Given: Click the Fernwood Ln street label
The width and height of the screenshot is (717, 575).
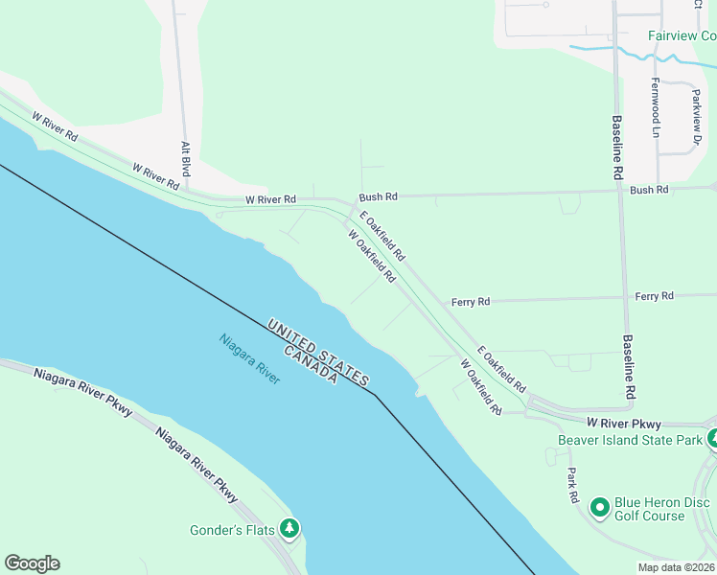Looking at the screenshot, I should (x=657, y=106).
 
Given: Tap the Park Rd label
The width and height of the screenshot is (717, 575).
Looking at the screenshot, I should (x=572, y=486).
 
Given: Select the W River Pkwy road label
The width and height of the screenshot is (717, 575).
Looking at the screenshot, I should (x=624, y=423).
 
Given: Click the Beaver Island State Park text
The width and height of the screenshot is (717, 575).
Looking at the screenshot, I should (x=631, y=440).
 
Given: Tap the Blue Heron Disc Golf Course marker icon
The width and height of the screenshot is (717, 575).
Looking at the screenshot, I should (x=600, y=506).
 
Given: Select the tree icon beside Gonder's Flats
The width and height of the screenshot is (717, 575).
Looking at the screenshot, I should (x=289, y=528).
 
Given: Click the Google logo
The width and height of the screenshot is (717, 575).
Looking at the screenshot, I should (x=32, y=563).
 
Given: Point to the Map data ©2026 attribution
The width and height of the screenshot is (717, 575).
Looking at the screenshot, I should (x=677, y=567).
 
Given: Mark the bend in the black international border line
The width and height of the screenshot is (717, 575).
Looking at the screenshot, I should (x=375, y=394).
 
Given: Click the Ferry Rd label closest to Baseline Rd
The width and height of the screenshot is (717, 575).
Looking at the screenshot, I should (x=654, y=297).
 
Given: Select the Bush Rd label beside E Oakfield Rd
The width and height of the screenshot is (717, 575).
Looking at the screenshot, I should (x=378, y=196).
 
